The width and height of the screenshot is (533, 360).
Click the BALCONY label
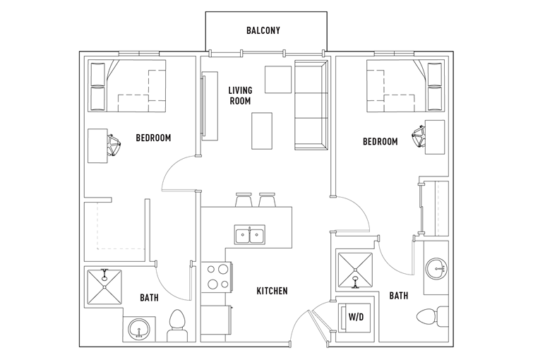pos(263,30)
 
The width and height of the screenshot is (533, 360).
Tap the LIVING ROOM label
pos(240,95)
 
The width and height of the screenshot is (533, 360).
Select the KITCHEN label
pos(272,291)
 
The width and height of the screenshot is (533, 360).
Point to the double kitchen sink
pos(249,234)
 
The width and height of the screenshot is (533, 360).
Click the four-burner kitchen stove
pos(217,277)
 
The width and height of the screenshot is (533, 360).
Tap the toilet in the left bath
pos(177,325)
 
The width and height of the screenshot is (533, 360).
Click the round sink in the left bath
pos(139,329)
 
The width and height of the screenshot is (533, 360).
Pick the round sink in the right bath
pos(437,268)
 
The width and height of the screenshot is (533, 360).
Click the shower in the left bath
pos(104,287)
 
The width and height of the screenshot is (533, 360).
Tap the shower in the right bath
pos(355,270)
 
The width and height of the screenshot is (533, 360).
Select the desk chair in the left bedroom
pos(114,145)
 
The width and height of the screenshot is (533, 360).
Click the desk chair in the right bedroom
pos(419,137)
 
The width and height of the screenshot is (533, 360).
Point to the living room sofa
pos(311,105)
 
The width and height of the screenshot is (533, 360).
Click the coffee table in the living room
pos(262,131)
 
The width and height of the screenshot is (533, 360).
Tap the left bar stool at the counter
pos(244,200)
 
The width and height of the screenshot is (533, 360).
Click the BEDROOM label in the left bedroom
pos(153,138)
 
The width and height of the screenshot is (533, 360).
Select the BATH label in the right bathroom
pos(398,296)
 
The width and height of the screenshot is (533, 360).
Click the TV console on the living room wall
pos(210,106)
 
